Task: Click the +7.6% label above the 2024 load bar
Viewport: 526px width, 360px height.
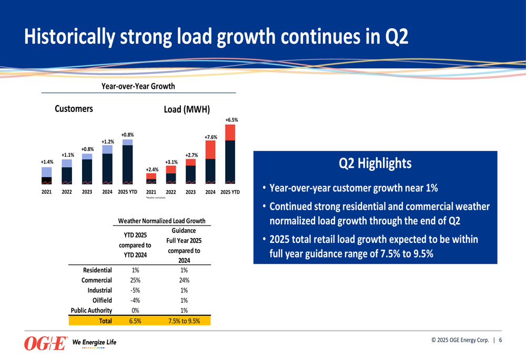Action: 210,137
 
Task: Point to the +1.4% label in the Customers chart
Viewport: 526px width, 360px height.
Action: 46,162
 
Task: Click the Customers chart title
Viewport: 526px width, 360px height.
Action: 74,109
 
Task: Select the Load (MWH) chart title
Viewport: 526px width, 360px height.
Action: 187,109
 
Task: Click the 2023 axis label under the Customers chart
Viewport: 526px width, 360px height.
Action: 87,192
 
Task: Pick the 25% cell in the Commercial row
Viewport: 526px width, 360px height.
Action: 135,280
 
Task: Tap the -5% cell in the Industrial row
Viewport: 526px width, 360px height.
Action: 135,290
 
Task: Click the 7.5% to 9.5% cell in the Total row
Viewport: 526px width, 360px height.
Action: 184,321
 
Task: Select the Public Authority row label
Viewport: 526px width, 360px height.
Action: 92,311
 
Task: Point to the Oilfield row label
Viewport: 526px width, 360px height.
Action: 102,300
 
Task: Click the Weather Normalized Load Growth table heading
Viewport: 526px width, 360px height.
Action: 161,221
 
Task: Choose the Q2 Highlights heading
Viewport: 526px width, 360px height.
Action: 375,164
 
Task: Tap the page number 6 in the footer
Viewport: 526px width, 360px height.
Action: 501,340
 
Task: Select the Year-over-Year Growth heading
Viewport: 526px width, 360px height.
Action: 138,86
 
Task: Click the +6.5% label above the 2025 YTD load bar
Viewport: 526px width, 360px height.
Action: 231,120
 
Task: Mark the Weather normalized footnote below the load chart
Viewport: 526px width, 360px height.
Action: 156,198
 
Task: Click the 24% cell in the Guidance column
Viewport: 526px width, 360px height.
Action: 184,280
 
